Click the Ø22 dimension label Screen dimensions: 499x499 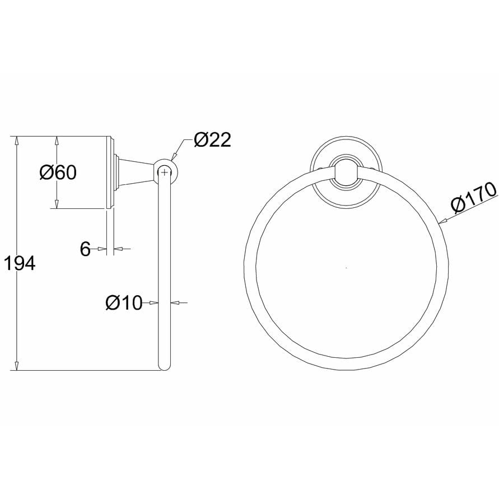[212, 139]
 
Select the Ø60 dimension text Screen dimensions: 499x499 [58, 172]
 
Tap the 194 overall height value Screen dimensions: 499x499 [20, 263]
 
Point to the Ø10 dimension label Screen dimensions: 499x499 [124, 303]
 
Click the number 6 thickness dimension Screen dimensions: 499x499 [85, 249]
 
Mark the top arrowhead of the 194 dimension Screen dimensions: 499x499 [17, 141]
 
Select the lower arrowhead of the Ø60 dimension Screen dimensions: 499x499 [57, 204]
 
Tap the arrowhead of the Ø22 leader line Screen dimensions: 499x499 [173, 157]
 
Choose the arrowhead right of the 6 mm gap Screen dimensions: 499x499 [118, 249]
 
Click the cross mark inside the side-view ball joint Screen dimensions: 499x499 [164, 171]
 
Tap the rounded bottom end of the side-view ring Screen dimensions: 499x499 [164, 366]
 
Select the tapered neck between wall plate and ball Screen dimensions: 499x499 [134, 171]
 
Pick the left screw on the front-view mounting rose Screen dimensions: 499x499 [320, 168]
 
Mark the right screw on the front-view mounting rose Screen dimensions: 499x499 [373, 168]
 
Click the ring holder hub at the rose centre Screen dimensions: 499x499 [346, 171]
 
